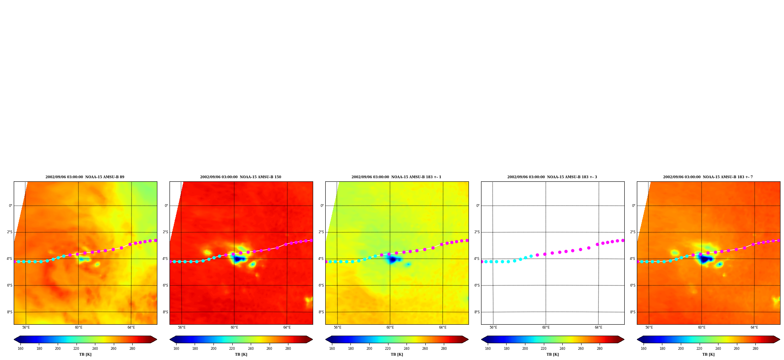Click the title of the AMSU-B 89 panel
pos(85,177)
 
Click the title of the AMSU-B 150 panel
pos(241,177)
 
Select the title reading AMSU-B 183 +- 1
pos(396,177)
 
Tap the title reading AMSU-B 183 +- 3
pos(552,177)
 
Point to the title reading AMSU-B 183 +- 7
pos(708,177)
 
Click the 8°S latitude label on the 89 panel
pos(9,312)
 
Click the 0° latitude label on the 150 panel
pos(166,206)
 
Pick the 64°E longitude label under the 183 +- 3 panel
pos(598,327)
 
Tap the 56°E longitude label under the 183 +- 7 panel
pos(649,327)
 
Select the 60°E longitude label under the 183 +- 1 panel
pos(390,327)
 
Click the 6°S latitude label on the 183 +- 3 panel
pos(477,285)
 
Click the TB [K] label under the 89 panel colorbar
pos(85,355)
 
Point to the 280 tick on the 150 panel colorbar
pos(288,349)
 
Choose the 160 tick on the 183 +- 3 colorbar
pos(488,349)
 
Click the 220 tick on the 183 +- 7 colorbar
pos(699,349)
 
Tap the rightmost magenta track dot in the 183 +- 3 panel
pos(623,240)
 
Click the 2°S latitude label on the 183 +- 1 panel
pos(321,232)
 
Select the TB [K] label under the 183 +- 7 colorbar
pos(708,355)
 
